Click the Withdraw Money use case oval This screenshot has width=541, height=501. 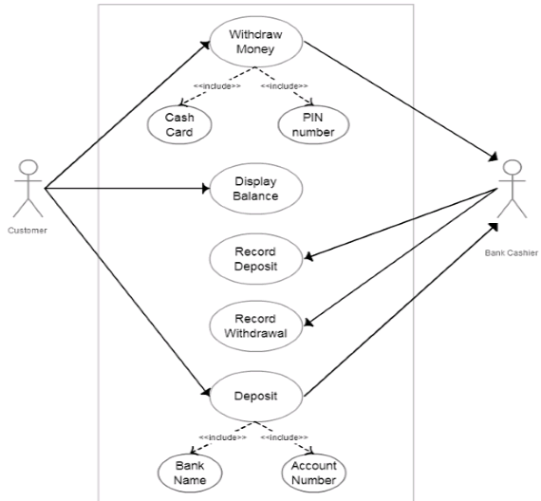pos(254,43)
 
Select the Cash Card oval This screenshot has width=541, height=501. pos(179,124)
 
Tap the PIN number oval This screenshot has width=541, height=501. pos(312,124)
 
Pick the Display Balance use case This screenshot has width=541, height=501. pos(254,188)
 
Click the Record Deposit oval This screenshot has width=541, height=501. pos(254,259)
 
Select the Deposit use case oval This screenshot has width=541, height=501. pos(254,395)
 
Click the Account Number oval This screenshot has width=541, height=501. pos(312,472)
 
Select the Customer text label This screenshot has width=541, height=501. pos(26,230)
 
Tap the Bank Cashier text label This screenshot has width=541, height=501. pos(511,253)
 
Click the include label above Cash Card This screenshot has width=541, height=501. pos(216,87)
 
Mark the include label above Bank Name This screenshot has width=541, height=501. pos(223,437)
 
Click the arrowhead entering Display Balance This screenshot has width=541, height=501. pos(203,188)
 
